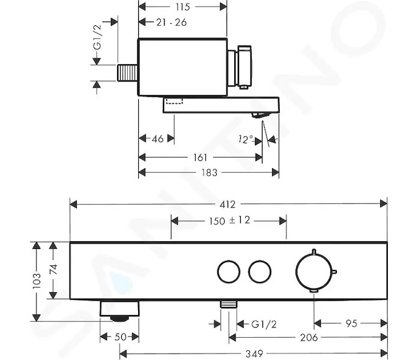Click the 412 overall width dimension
[x=228, y=204]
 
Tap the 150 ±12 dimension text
[x=229, y=220]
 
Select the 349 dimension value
[x=254, y=353]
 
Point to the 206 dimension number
[x=309, y=338]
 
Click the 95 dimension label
[x=351, y=323]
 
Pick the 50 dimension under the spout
[x=120, y=337]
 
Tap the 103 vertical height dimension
[x=37, y=281]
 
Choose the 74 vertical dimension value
[x=53, y=269]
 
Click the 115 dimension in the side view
[x=183, y=7]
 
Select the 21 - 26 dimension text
[x=171, y=22]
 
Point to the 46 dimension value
[x=157, y=139]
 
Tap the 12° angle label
[x=246, y=139]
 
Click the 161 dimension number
[x=200, y=157]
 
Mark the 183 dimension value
[x=209, y=173]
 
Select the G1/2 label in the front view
[x=264, y=324]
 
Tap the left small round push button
[x=228, y=272]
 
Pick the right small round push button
[x=259, y=272]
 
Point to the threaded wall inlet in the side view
[x=127, y=73]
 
